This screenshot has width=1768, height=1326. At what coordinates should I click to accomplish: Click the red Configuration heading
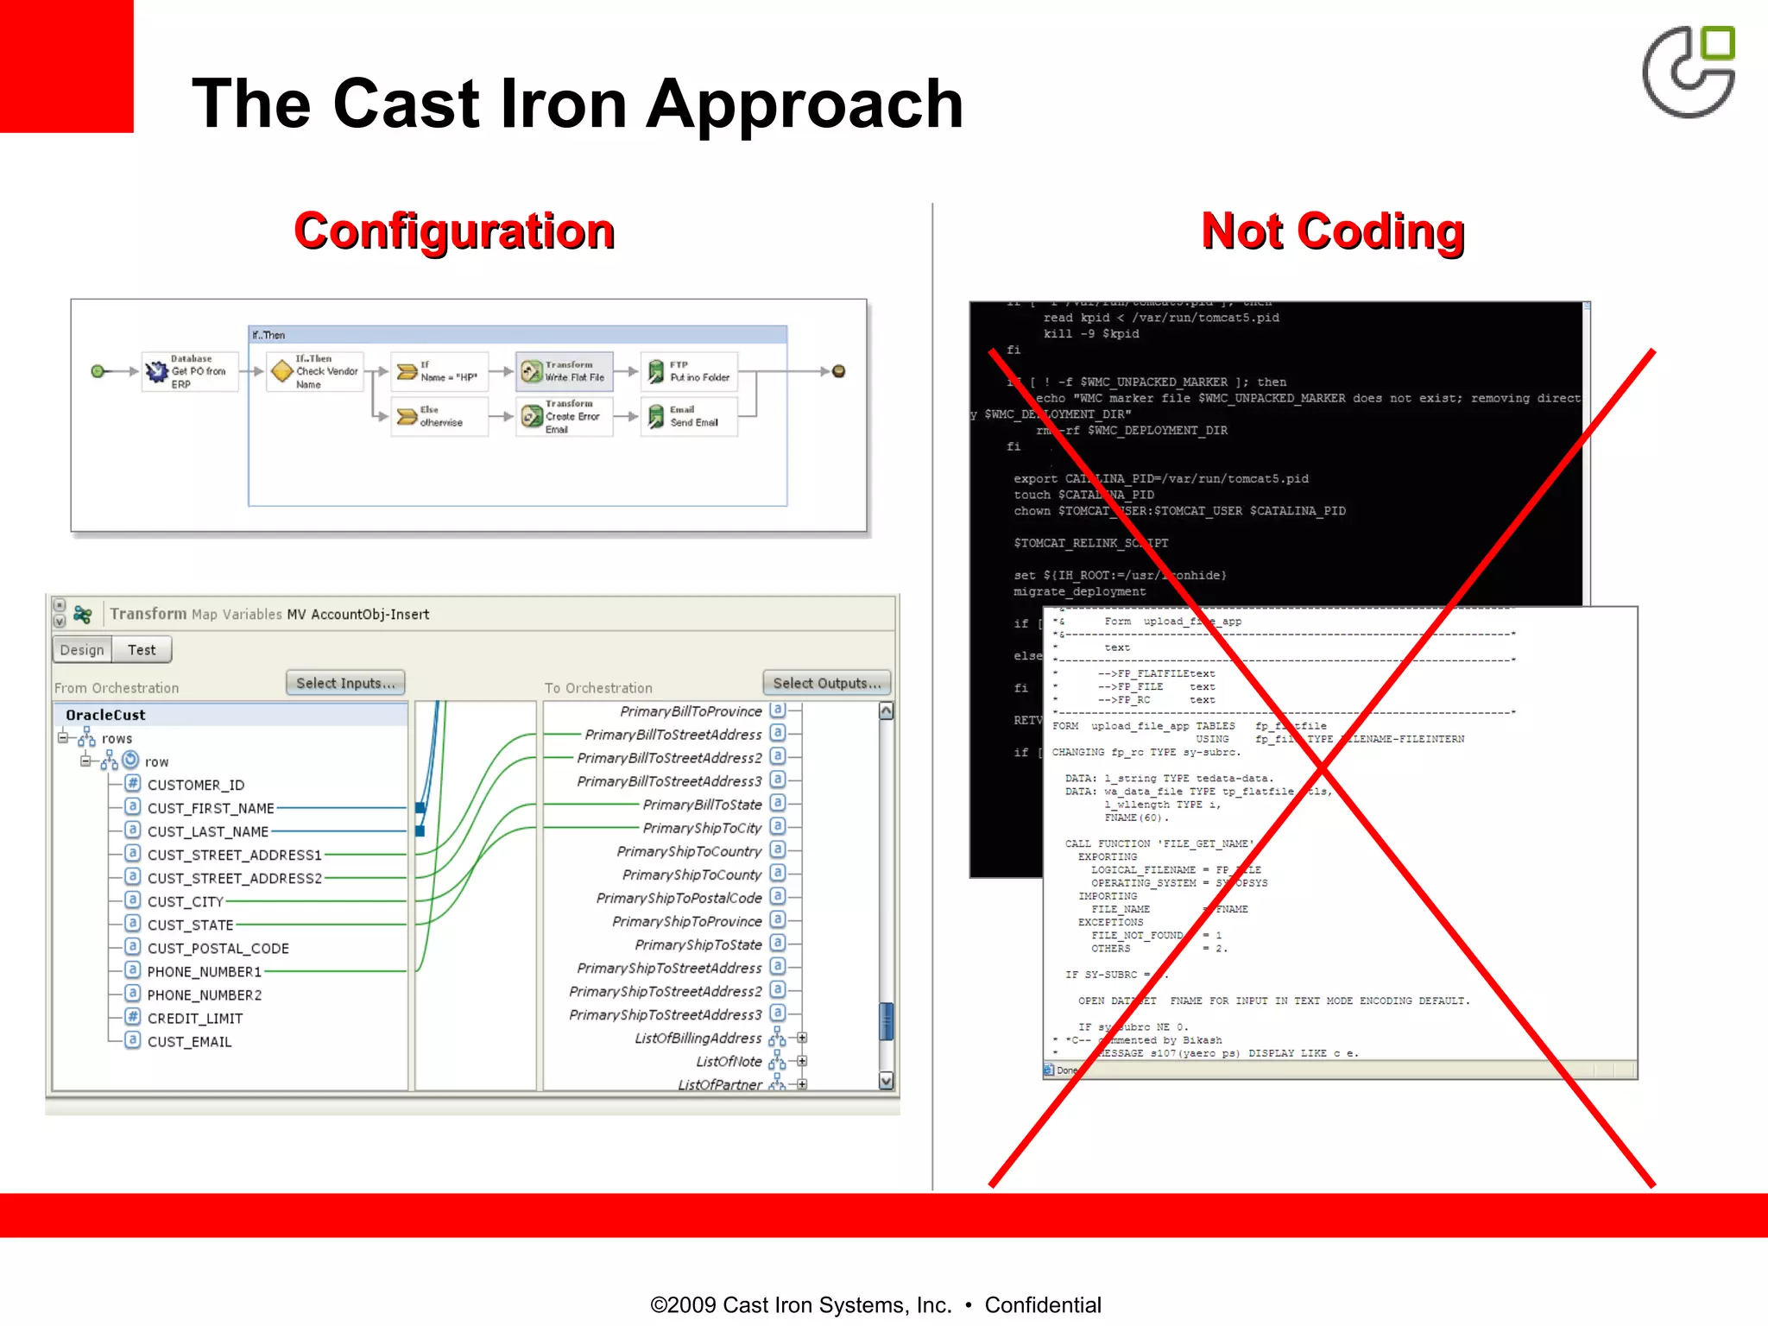[x=454, y=231]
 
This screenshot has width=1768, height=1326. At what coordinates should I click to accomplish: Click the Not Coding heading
[x=1332, y=231]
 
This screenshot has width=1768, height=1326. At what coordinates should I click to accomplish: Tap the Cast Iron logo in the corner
[x=1689, y=73]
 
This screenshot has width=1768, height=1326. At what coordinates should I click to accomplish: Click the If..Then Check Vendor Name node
[x=315, y=371]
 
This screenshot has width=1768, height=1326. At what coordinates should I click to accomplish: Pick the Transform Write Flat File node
[x=565, y=371]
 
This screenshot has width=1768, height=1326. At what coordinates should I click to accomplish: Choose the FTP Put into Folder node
[x=690, y=371]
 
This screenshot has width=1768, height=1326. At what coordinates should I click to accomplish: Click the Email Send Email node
[x=690, y=416]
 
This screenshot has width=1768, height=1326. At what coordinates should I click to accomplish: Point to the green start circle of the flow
[x=98, y=371]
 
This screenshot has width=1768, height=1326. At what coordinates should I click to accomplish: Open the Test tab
[x=142, y=650]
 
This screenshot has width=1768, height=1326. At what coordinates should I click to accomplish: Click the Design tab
[x=82, y=650]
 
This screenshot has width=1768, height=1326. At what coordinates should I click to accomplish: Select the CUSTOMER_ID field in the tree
[x=195, y=785]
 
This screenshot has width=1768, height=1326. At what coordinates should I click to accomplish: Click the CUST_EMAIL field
[x=189, y=1042]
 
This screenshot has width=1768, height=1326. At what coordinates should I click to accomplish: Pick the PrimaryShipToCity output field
[x=702, y=828]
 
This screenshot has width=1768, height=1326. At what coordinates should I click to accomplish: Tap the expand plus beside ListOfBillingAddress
[x=802, y=1038]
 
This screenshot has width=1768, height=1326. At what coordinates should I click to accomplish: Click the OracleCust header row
[x=105, y=715]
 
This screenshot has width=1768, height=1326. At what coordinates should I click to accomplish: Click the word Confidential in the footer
[x=1042, y=1304]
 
